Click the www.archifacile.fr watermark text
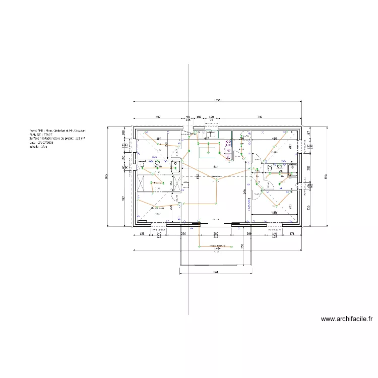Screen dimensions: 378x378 [x=347, y=319]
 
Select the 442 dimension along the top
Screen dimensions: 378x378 [x=157, y=116]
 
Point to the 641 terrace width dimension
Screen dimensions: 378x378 [x=216, y=272]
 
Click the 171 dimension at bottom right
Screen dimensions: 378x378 [x=292, y=234]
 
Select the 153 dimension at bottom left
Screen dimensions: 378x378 [x=142, y=234]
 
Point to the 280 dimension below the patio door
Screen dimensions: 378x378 [x=215, y=234]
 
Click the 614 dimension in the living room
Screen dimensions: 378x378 [x=215, y=166]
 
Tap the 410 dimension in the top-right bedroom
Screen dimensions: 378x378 [x=275, y=138]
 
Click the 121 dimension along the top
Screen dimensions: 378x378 [x=212, y=116]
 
